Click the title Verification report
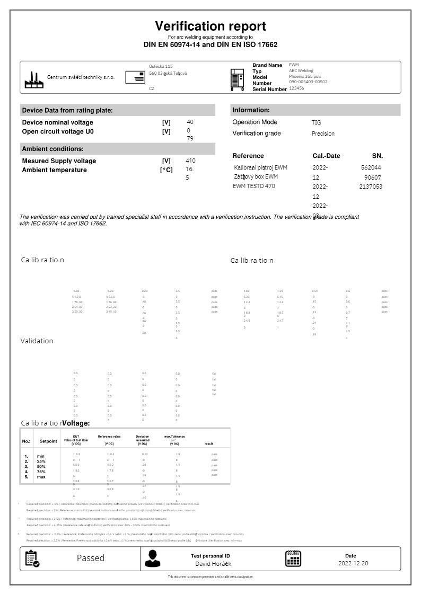(x=210, y=26)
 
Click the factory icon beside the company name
(x=34, y=79)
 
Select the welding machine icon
(x=238, y=79)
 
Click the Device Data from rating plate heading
(x=67, y=110)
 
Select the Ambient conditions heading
(x=52, y=149)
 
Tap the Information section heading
(x=251, y=110)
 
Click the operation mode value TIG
(x=316, y=122)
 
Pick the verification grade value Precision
(x=323, y=134)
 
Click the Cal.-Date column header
(x=327, y=156)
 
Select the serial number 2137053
(x=371, y=187)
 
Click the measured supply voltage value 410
(x=191, y=161)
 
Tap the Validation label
(x=37, y=341)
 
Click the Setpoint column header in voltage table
(x=48, y=441)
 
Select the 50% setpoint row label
(x=42, y=466)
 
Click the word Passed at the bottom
(x=91, y=558)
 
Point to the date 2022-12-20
(x=354, y=563)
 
